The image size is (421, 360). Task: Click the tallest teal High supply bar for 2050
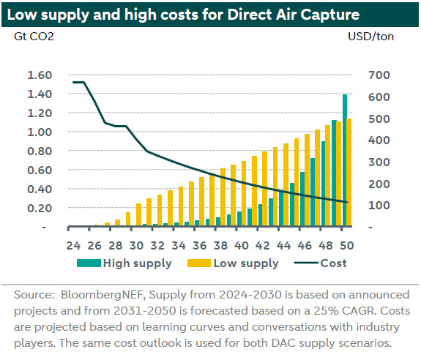344,160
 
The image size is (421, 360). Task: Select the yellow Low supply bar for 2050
349,172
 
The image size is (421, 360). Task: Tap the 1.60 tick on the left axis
40,75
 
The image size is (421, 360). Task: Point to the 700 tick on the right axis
379,75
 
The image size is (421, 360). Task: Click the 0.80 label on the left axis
40,151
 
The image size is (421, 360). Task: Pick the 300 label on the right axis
379,162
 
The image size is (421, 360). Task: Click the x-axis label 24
73,245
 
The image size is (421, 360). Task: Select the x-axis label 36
199,245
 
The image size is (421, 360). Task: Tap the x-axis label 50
346,245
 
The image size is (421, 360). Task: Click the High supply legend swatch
89,263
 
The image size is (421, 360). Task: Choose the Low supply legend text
246,263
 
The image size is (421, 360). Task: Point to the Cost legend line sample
306,263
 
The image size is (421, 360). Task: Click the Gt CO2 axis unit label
34,37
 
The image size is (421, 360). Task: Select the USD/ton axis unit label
370,37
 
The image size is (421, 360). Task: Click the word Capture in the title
329,15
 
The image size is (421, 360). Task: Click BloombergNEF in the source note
103,295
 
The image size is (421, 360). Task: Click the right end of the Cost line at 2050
347,202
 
